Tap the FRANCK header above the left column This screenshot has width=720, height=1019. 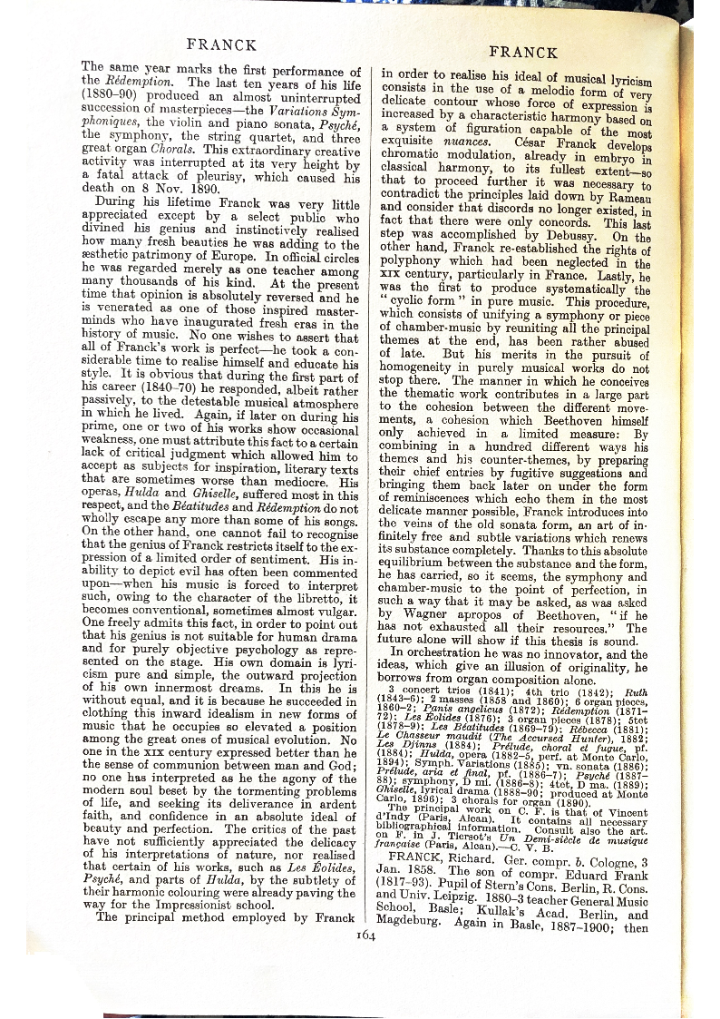[221, 44]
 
